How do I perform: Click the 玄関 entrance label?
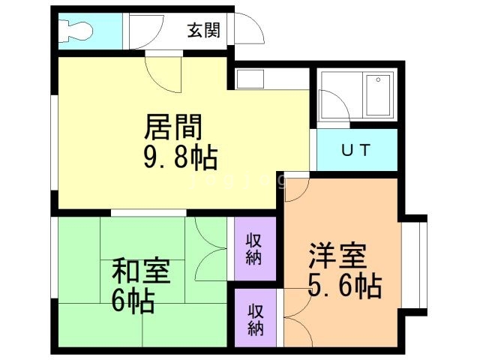203,31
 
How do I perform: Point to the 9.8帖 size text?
179,158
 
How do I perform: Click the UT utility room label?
355,150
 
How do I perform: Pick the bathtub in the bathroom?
378,95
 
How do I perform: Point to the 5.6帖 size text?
344,286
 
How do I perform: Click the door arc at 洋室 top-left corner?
295,189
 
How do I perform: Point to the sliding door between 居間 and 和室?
148,213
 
